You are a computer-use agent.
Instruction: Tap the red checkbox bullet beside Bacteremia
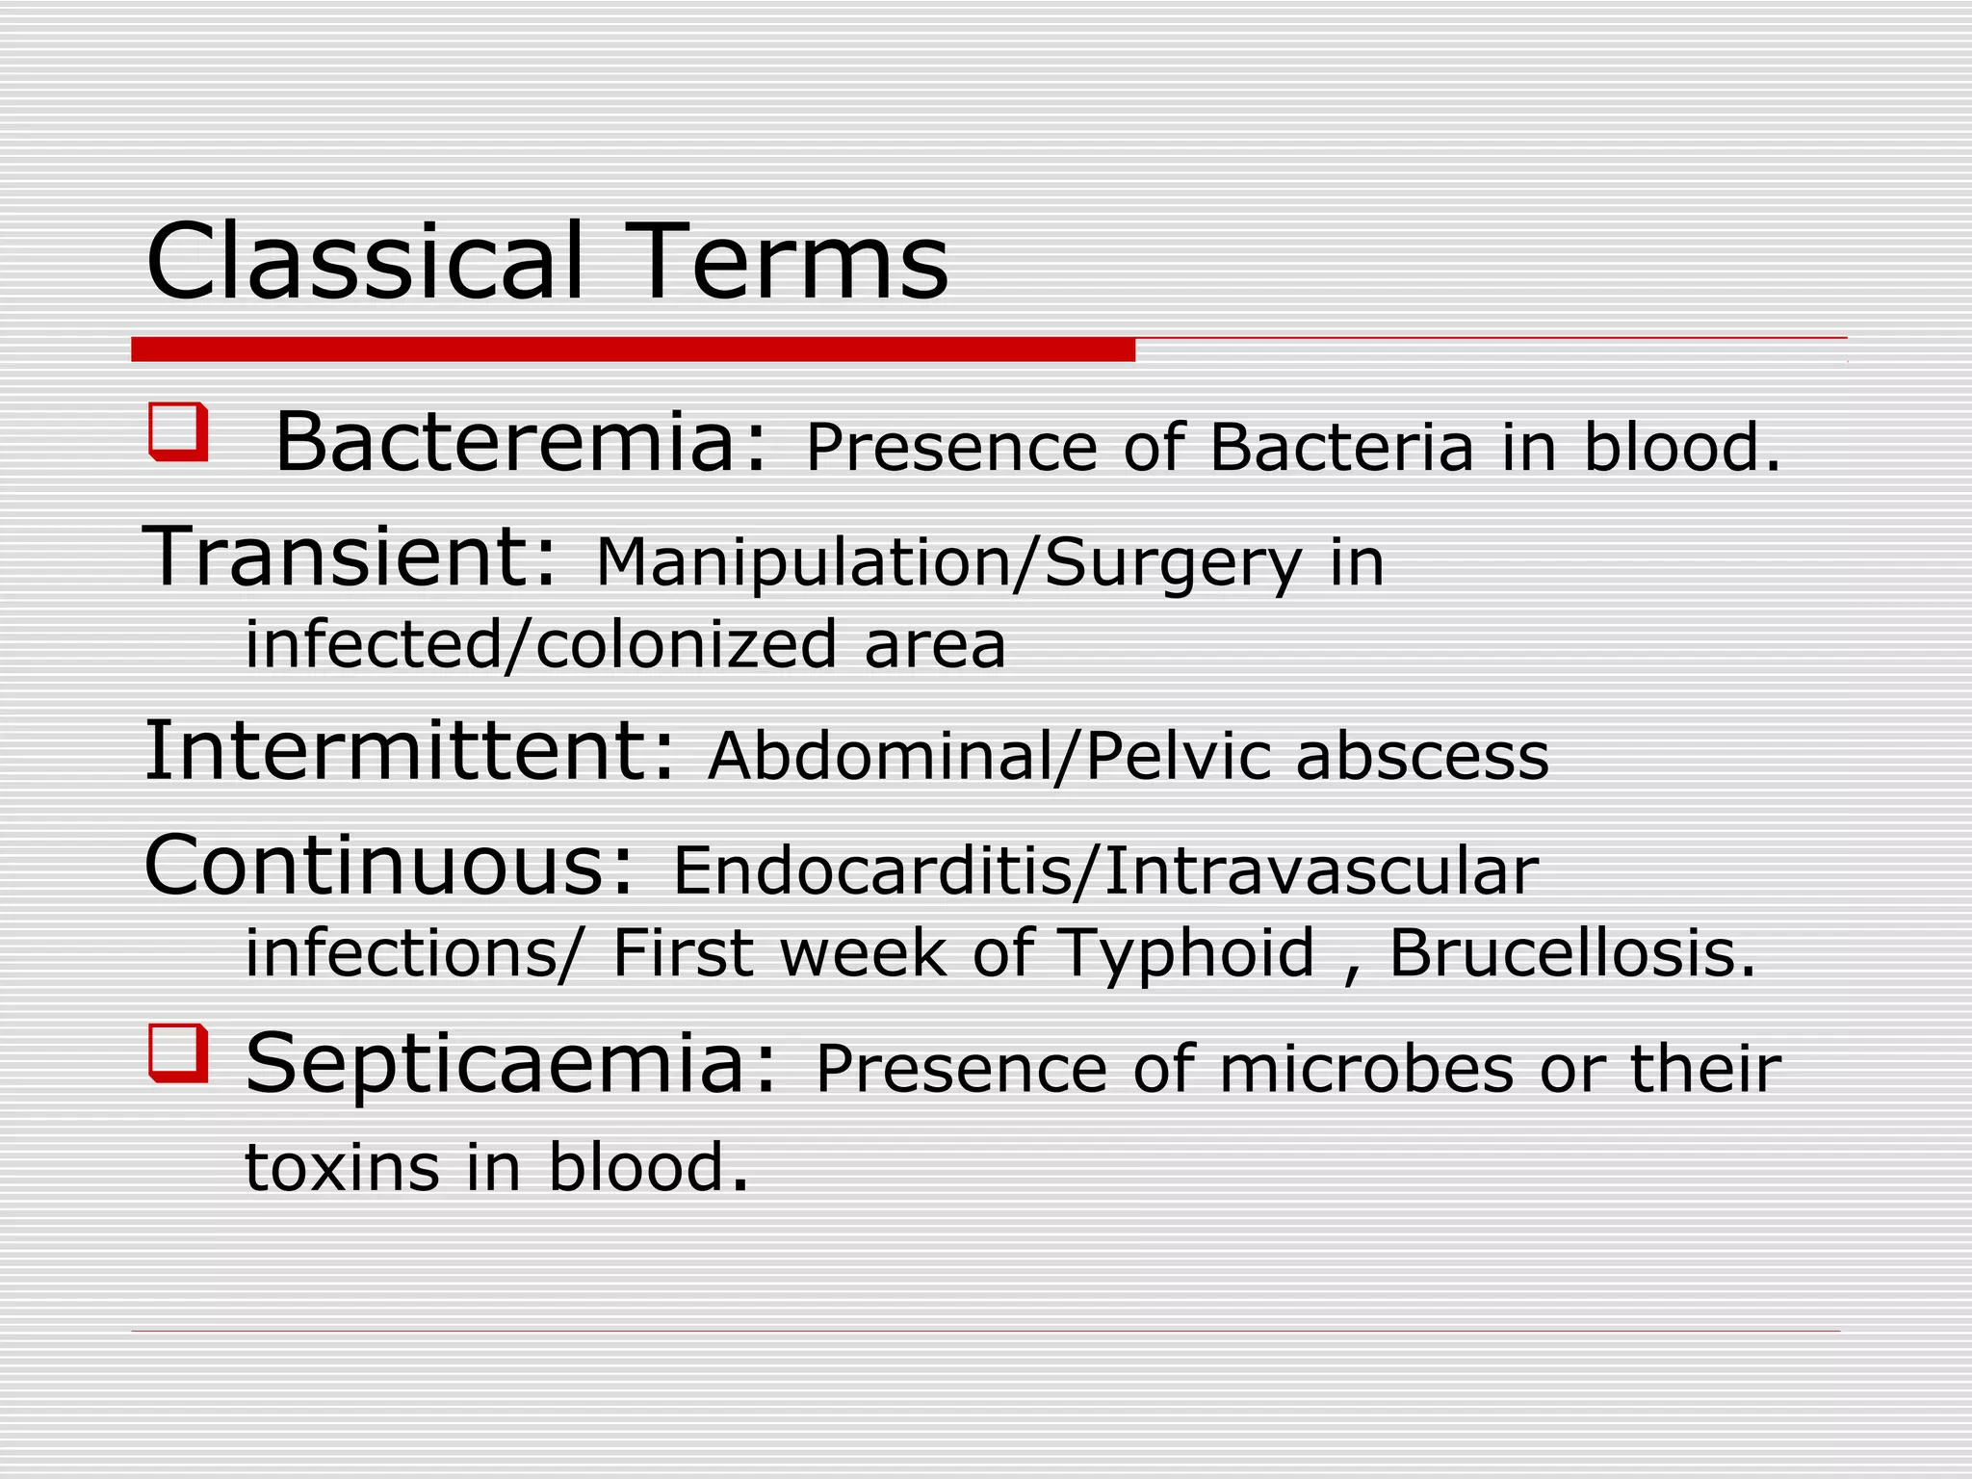coord(178,432)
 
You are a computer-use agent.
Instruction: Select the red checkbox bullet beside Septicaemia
coord(178,1053)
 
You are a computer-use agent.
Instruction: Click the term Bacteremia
coord(520,443)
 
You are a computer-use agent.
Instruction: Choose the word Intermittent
coord(409,751)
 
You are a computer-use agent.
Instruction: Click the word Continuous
coord(388,865)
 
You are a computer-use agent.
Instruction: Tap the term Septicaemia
coord(509,1064)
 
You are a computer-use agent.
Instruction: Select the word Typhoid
coord(1186,953)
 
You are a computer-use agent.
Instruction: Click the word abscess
coord(1422,756)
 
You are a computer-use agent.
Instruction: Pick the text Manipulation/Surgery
coord(948,562)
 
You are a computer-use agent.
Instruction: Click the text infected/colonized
coord(541,645)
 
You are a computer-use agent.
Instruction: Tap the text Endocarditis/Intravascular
coord(1104,871)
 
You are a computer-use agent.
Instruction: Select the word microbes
coord(1365,1070)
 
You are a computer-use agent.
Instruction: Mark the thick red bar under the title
coord(633,350)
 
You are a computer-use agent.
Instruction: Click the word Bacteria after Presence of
coord(1341,449)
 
